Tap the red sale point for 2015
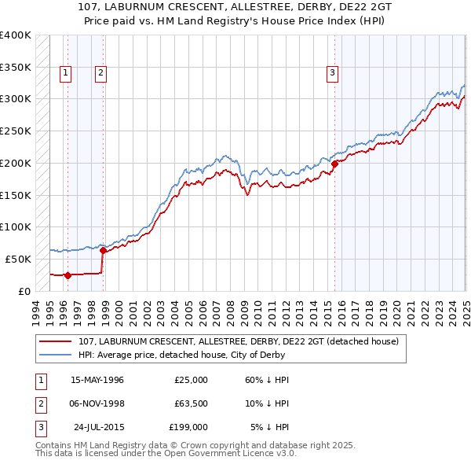point(334,164)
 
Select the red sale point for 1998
point(104,250)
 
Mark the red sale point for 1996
point(68,275)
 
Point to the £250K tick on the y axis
point(16,131)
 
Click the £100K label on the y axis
point(16,226)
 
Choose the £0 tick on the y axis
point(24,291)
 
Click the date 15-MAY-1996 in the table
point(97,380)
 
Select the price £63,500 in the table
point(188,403)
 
